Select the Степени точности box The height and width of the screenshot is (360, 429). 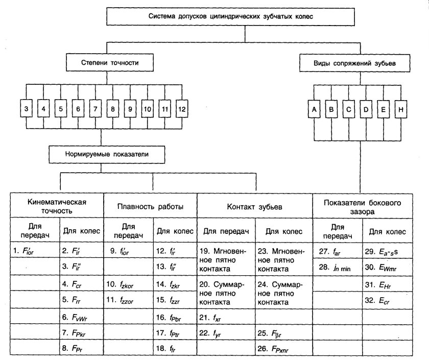[x=110, y=63]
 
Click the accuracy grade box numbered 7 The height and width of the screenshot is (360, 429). [x=95, y=109]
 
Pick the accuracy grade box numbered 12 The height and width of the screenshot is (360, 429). [x=182, y=109]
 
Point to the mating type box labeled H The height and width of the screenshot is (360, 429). [x=401, y=109]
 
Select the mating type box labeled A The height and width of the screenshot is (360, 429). [x=315, y=109]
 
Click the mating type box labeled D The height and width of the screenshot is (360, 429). [x=367, y=109]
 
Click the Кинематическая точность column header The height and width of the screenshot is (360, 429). [x=57, y=205]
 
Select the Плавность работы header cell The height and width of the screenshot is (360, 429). [x=150, y=207]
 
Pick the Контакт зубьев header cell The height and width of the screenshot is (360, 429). [x=254, y=207]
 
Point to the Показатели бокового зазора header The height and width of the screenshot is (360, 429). [x=370, y=207]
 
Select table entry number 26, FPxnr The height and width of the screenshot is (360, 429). [x=277, y=351]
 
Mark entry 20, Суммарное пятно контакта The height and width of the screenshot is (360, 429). [x=223, y=292]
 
